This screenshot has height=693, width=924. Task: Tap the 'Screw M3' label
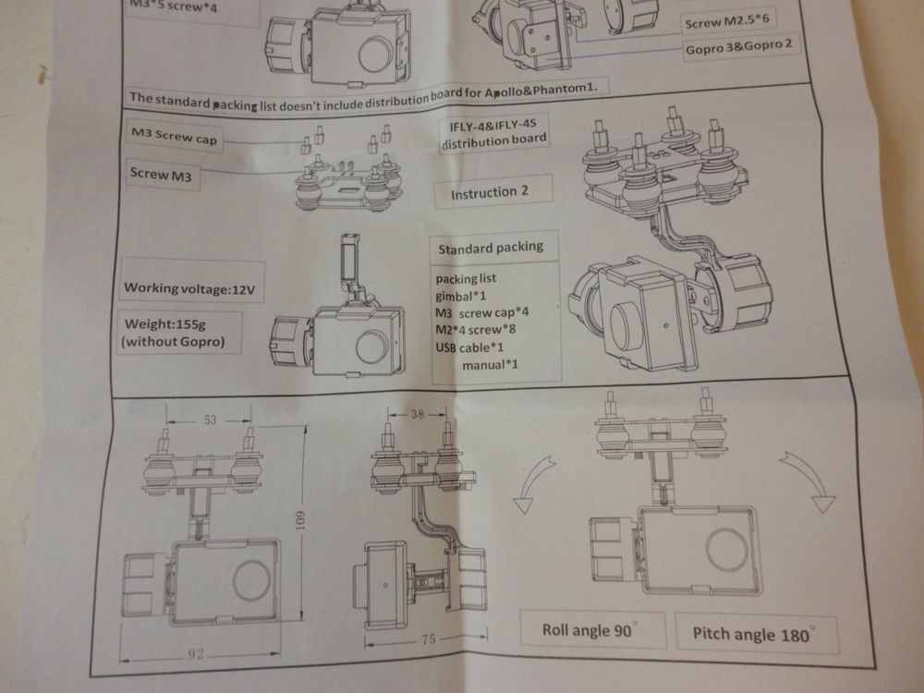click(161, 175)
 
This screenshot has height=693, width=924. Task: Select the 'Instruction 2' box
click(492, 192)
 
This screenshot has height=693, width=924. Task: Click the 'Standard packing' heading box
click(492, 248)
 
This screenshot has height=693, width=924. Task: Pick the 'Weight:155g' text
click(165, 323)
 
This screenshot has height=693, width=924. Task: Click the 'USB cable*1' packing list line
click(469, 347)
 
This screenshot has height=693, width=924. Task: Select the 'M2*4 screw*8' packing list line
click(476, 330)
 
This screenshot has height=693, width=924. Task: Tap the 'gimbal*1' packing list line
click(461, 296)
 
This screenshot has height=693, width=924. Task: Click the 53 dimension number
click(210, 420)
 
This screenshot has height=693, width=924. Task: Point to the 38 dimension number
click(418, 414)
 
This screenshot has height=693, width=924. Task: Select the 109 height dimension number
click(300, 520)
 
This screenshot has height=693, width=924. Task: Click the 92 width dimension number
click(196, 653)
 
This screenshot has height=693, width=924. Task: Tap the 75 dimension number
click(429, 638)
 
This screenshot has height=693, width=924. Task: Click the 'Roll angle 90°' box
click(593, 630)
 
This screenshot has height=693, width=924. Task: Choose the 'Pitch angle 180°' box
click(757, 634)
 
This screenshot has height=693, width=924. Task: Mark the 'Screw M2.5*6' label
click(726, 21)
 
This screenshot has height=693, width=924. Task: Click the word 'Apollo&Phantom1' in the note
click(541, 91)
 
